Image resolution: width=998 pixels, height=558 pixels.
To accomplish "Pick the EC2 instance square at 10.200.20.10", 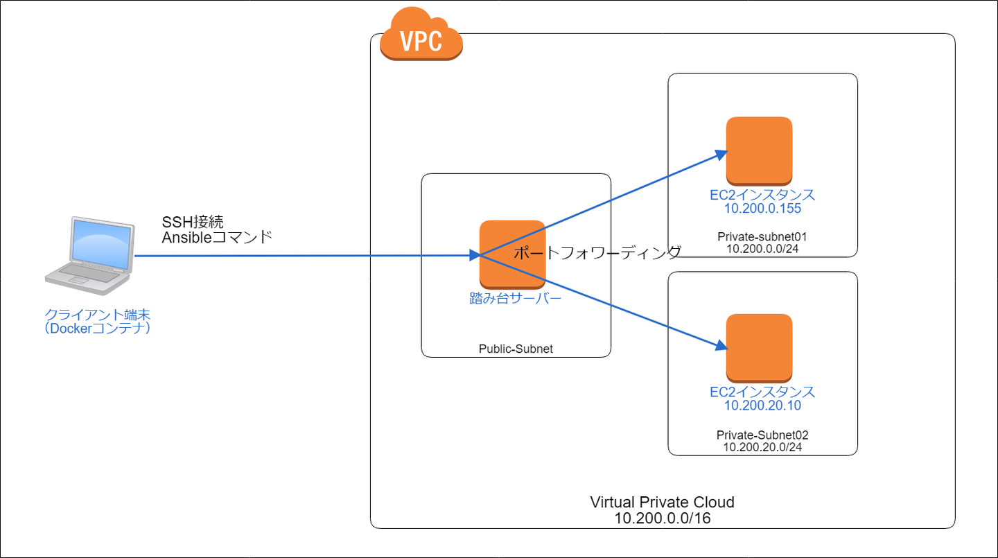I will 759,347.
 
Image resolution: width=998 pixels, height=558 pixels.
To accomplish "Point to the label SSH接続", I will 193,222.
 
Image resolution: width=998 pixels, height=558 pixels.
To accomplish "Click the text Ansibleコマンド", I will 217,238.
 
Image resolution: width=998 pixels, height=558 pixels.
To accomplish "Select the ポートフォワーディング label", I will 597,253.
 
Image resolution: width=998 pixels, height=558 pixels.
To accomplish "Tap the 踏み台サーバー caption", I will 516,299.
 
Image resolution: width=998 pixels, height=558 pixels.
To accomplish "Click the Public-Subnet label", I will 516,349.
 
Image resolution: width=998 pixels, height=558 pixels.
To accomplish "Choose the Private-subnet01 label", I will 762,237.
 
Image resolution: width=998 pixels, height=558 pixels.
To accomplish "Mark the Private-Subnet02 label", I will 762,435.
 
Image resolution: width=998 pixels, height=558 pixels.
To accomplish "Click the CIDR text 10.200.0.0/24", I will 762,249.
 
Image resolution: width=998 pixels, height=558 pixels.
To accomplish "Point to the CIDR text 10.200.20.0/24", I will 762,447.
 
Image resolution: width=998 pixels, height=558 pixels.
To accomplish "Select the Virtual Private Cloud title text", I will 662,502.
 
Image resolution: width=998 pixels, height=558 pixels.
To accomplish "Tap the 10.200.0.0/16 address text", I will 662,518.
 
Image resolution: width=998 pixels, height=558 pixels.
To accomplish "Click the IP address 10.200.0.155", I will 762,209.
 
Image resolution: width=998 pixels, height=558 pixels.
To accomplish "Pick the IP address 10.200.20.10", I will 762,406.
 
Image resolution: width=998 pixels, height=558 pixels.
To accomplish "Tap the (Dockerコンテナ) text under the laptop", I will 97,329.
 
